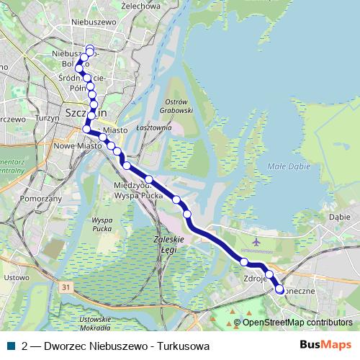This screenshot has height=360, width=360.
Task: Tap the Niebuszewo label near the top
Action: (x=94, y=22)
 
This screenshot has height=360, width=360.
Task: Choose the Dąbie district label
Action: (x=338, y=215)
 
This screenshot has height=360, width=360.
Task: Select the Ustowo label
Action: (x=17, y=276)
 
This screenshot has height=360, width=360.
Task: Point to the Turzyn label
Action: (x=46, y=117)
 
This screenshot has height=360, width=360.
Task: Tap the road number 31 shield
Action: (x=67, y=287)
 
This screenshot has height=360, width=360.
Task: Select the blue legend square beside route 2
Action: (x=10, y=346)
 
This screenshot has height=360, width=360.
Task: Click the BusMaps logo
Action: (x=325, y=345)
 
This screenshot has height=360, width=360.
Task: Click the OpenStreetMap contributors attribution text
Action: (x=297, y=323)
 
